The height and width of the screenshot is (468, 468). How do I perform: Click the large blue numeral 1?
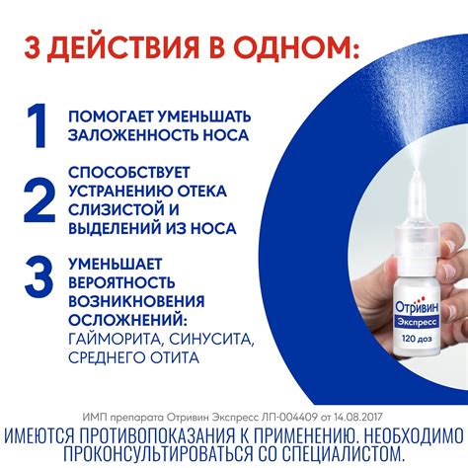(38, 125)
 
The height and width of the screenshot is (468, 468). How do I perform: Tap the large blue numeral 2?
(39, 199)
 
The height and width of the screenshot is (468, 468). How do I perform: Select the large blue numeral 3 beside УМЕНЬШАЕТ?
(39, 276)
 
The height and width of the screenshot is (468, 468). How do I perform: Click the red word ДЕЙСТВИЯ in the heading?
(125, 49)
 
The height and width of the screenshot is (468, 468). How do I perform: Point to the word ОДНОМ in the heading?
(290, 47)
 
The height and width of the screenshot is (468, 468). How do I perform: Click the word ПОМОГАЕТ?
(111, 117)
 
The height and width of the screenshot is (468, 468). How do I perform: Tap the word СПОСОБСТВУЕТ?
(129, 173)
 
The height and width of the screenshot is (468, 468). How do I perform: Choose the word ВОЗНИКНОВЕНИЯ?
(136, 301)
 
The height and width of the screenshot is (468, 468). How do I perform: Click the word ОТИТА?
(176, 357)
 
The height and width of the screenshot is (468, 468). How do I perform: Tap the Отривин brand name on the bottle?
(417, 306)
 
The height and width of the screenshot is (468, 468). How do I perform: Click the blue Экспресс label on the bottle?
(417, 322)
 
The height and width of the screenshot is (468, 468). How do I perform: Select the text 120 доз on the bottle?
(417, 339)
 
